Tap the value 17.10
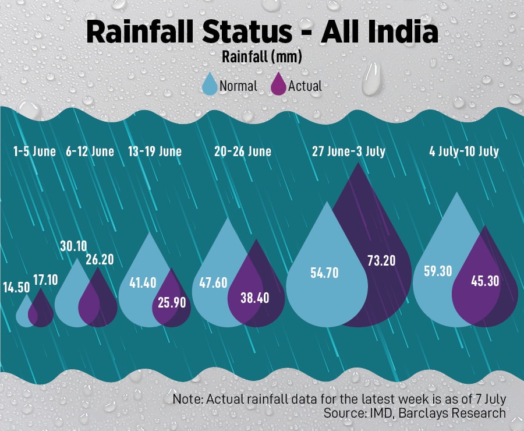45,280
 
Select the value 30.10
73,246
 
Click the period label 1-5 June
34,151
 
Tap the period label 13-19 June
154,151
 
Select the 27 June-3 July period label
348,151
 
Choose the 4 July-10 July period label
463,151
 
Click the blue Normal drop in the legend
209,85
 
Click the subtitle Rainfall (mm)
261,58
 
